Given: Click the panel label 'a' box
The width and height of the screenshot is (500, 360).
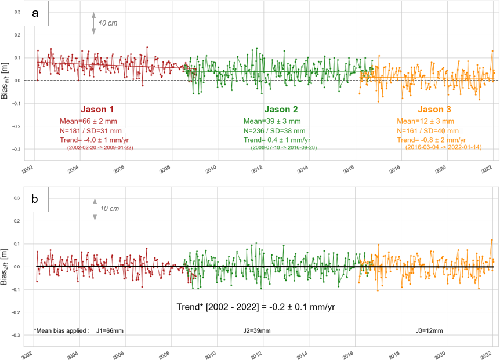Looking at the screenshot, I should point(35,14).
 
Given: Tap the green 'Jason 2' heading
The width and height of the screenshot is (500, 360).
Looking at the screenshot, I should point(281,109).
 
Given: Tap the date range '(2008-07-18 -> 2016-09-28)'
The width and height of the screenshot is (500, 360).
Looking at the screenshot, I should point(284,148).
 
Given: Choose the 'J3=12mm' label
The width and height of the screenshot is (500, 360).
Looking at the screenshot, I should point(430,330).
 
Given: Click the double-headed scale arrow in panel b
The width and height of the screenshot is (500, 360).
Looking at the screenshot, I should point(94,209).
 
